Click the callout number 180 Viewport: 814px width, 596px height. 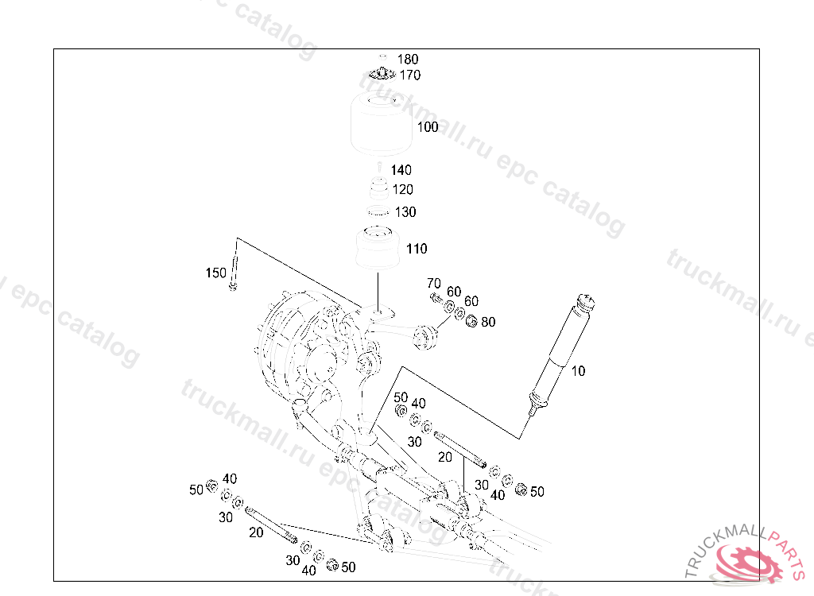pyautogui.click(x=408, y=59)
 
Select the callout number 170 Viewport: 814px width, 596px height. pyautogui.click(x=409, y=75)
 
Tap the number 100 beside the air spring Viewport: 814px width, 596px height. pyautogui.click(x=428, y=127)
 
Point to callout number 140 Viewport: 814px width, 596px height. pyautogui.click(x=401, y=170)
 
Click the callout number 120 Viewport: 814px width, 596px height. pyautogui.click(x=403, y=189)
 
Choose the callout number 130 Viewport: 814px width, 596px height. pyautogui.click(x=405, y=212)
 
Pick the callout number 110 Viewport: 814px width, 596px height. pyautogui.click(x=417, y=249)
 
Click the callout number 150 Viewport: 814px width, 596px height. pyautogui.click(x=216, y=273)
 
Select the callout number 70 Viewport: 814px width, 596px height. pyautogui.click(x=434, y=284)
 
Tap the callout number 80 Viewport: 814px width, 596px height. pyautogui.click(x=488, y=323)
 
